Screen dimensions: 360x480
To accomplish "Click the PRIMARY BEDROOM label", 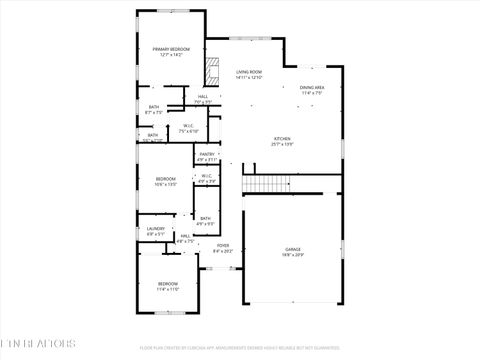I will [x=171, y=49].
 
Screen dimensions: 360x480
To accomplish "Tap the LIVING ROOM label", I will [x=249, y=72].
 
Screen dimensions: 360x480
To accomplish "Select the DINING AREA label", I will [x=312, y=88].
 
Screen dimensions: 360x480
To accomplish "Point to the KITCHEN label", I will [x=282, y=139].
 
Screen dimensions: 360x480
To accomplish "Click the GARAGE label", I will [x=292, y=249].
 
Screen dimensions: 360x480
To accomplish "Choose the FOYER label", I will [x=223, y=246].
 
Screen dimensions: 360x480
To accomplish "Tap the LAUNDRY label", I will [x=156, y=229].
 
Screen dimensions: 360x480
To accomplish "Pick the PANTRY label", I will [x=207, y=154].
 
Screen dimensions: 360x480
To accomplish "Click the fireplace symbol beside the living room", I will [x=211, y=71].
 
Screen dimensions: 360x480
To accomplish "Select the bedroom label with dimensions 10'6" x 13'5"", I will [x=166, y=179].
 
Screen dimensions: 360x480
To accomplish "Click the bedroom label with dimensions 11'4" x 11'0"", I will [x=168, y=284].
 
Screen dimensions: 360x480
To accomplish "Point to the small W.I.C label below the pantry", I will [x=207, y=176].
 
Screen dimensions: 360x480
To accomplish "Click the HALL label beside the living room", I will [x=203, y=96].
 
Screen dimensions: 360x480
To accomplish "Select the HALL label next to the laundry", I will [x=185, y=236].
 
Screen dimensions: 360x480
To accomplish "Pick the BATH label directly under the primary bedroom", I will [x=154, y=107].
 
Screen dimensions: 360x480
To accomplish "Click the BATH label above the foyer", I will [x=205, y=218].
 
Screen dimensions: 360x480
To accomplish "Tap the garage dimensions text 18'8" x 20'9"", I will [x=292, y=255].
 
